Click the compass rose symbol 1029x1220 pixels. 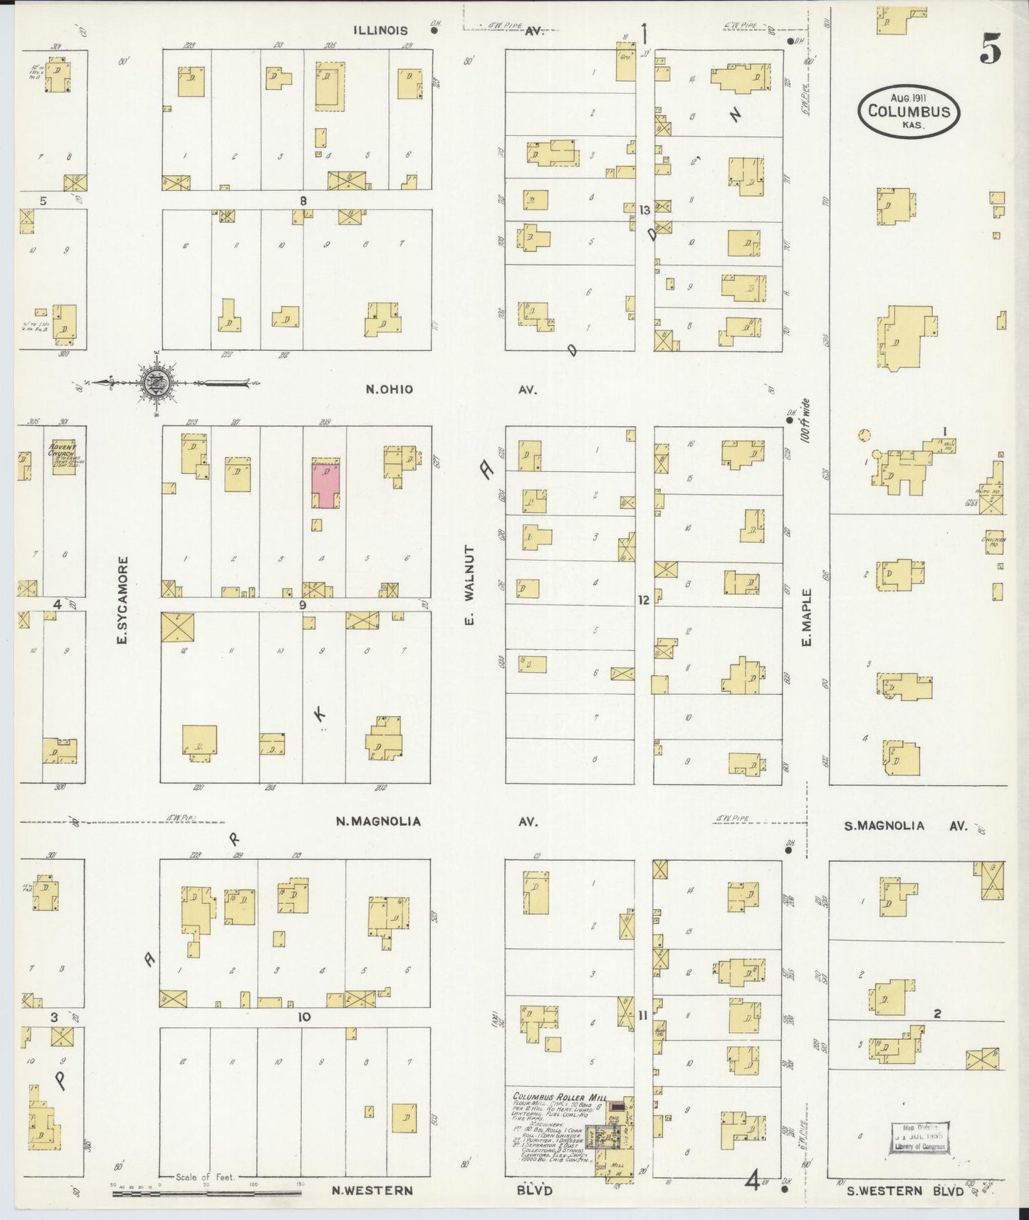158,383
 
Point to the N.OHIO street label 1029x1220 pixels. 389,389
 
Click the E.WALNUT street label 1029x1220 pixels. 469,585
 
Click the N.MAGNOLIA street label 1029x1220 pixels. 378,821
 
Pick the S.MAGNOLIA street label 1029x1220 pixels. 884,826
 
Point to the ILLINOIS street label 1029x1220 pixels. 382,31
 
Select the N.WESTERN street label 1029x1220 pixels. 372,1190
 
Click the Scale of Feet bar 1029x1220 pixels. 207,1188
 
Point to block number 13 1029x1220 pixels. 644,210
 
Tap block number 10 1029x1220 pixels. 304,1017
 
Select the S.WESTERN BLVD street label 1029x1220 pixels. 901,1190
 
